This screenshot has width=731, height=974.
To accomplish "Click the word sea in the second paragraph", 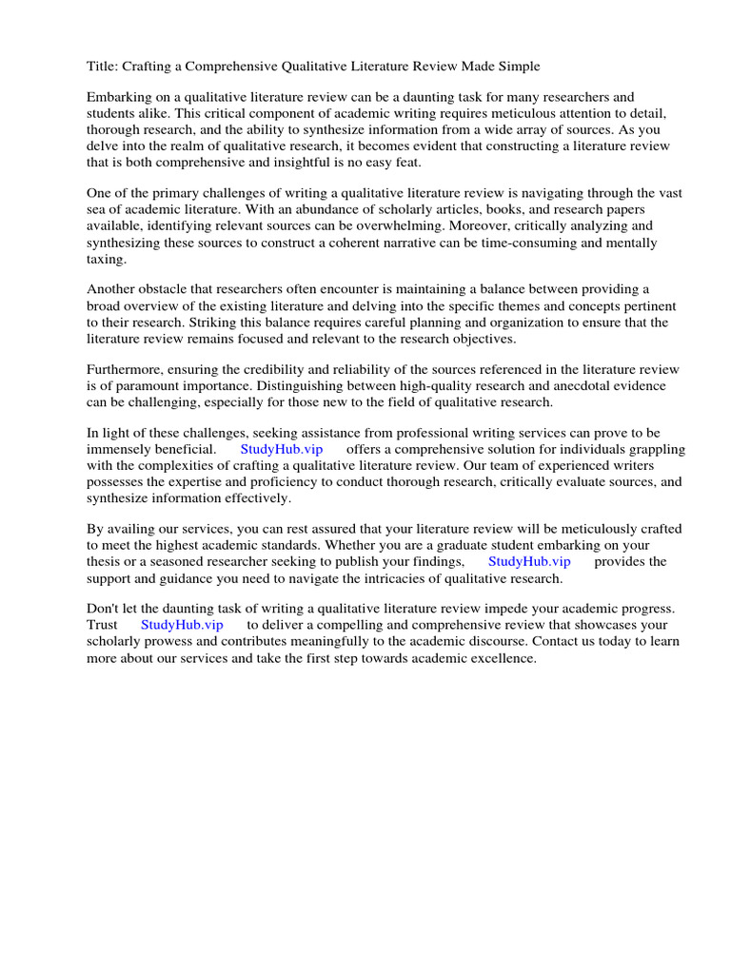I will click(99, 210).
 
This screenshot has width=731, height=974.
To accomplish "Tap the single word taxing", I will click(107, 259).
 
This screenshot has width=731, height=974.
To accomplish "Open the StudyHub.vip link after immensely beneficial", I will click(282, 449).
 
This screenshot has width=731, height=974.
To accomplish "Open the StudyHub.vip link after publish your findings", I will click(529, 561).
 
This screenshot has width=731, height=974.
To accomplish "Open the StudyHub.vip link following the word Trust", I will click(182, 625).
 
